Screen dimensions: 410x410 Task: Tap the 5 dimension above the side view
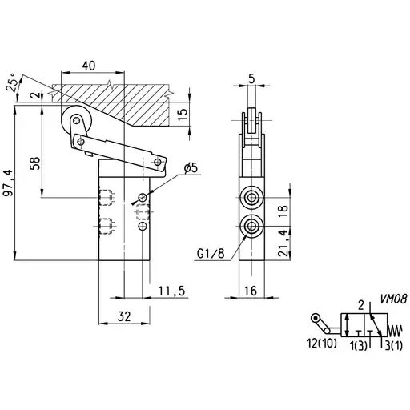(251, 78)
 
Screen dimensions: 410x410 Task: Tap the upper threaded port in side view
(251, 198)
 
